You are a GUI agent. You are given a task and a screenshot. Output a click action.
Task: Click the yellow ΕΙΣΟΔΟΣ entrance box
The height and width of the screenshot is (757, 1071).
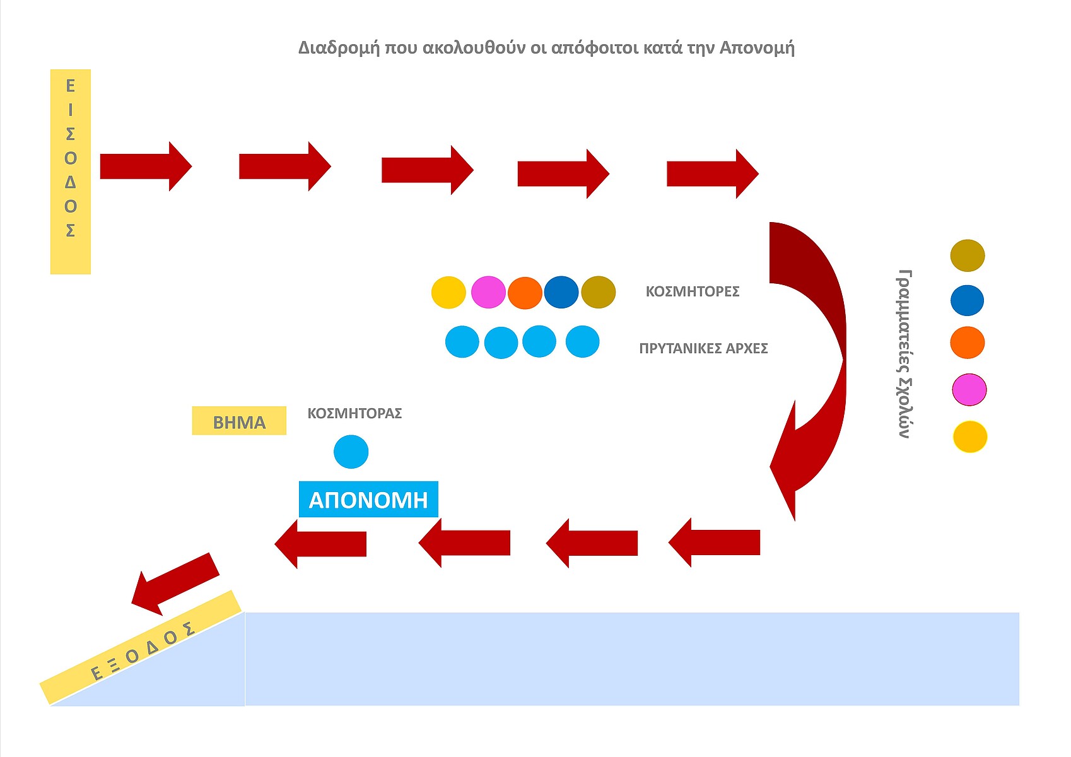pos(71,172)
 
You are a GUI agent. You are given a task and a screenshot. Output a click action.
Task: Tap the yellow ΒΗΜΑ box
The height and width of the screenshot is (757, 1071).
pos(239,421)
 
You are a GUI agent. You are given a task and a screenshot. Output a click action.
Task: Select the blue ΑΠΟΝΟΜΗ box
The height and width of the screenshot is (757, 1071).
pos(368,500)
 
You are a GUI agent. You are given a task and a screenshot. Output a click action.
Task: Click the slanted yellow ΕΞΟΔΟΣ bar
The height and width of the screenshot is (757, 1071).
pos(141,647)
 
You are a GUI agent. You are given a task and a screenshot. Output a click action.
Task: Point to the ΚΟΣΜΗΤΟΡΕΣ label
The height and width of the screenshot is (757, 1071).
pos(692,291)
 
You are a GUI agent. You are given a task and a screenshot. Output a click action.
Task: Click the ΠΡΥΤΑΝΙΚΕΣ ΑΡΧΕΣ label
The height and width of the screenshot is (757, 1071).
pos(703,348)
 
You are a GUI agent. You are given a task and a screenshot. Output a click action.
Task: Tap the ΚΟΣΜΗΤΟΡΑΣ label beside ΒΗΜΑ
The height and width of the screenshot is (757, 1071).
pos(354,413)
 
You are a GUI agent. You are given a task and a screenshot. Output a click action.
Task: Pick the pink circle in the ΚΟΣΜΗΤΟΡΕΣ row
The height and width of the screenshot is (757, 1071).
pos(488,292)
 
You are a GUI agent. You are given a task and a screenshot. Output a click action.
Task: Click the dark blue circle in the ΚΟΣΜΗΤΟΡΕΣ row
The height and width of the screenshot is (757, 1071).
pos(561,292)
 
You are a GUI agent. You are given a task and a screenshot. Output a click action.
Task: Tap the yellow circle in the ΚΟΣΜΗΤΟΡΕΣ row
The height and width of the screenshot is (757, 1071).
pos(448,292)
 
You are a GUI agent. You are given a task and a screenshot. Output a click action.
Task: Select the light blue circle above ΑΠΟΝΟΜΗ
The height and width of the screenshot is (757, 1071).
pos(351,452)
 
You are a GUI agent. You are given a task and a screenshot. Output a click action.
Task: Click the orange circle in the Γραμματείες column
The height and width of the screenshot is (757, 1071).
pos(967,343)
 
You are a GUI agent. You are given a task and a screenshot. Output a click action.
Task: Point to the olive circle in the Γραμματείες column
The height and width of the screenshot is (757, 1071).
pos(967,255)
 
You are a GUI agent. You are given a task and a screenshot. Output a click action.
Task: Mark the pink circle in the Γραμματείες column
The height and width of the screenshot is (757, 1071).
pos(969,389)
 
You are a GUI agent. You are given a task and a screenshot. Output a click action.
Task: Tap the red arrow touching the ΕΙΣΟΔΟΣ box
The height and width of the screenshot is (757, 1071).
pos(145,167)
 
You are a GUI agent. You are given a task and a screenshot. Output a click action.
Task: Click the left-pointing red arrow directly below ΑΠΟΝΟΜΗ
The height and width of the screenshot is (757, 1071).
pos(321,544)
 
